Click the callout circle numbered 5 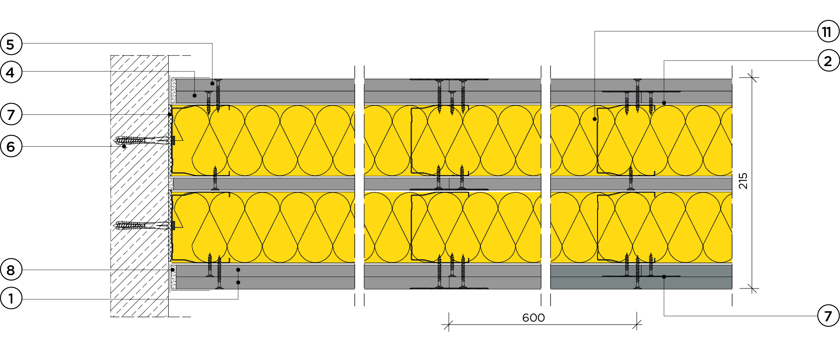tap(10, 44)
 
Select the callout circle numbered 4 tap(10, 72)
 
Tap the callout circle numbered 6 tap(10, 146)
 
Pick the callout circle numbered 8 tap(10, 270)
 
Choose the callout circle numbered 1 tap(10, 299)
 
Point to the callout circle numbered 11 tap(828, 31)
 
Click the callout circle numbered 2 tap(828, 61)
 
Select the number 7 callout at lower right tap(828, 316)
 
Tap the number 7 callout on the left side tap(10, 114)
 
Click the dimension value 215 tap(743, 181)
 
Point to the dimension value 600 tap(533, 318)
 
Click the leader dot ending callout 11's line tap(595, 119)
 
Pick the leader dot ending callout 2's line tap(664, 103)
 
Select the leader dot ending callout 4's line tap(195, 95)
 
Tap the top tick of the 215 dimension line tap(752, 78)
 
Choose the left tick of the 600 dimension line tap(448, 325)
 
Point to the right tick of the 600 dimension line tap(637, 325)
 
